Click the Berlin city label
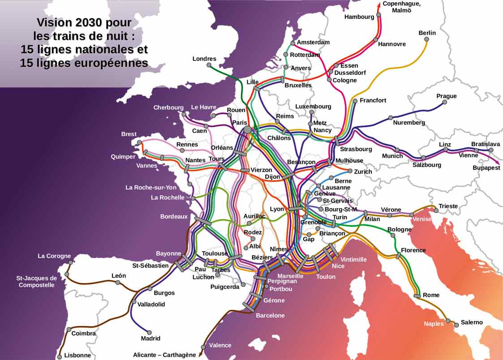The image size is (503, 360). click(x=427, y=33)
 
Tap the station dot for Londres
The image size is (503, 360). click(x=209, y=65)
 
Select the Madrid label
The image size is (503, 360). click(x=150, y=338)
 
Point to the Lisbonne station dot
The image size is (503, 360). click(x=60, y=357)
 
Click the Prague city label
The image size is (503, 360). click(x=447, y=96)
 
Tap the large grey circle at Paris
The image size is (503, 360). click(x=247, y=130)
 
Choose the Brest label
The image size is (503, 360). click(x=129, y=134)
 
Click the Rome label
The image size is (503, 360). click(x=431, y=295)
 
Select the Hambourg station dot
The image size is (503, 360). click(x=378, y=15)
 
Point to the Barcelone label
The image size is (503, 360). click(x=270, y=316)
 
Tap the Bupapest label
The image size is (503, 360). click(x=486, y=168)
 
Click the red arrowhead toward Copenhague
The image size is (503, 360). click(x=379, y=4)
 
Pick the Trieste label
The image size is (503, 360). click(x=448, y=206)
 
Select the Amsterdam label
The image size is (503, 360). click(x=313, y=42)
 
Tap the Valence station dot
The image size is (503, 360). click(x=203, y=346)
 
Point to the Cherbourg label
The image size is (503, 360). click(x=168, y=108)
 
